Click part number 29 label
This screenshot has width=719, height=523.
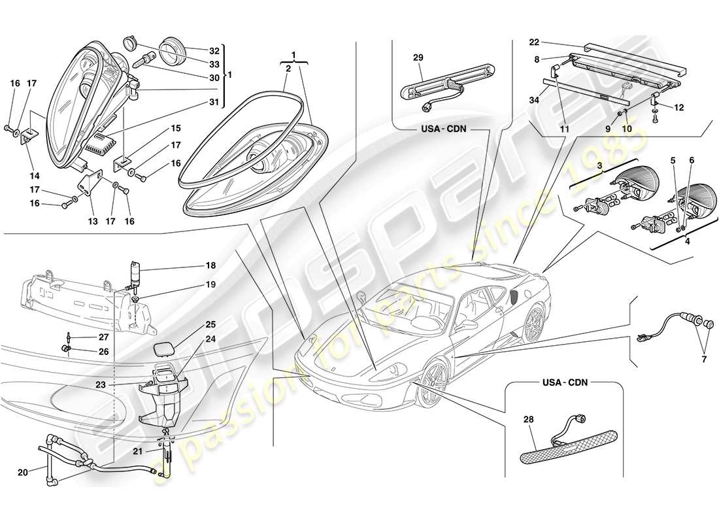pos(418,58)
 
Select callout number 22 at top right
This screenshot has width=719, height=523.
pos(534,42)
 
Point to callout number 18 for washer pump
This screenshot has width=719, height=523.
pos(210,266)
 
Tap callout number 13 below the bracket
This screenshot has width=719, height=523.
pos(93,222)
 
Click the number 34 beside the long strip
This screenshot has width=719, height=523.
pos(535,100)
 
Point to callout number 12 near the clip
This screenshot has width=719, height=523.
pos(678,108)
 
